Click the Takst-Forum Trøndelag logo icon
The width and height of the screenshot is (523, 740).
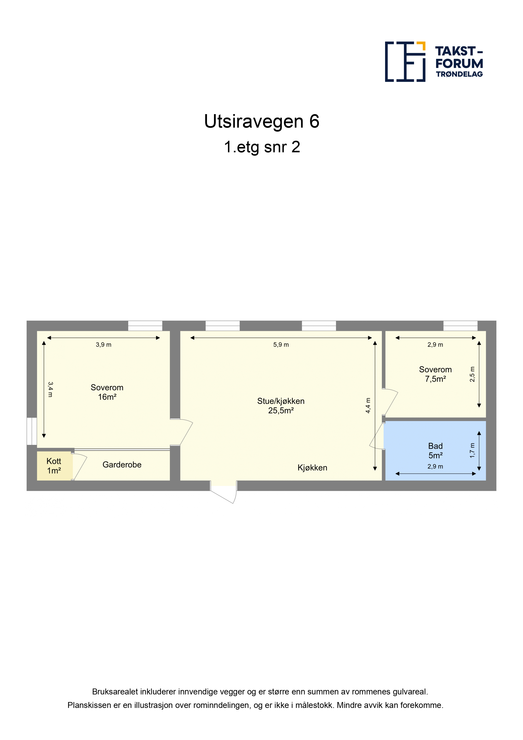pos(405,62)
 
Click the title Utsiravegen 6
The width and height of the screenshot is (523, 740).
pos(262,122)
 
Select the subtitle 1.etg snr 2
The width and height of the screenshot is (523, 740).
pos(262,147)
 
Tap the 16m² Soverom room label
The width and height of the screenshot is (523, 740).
pos(107,392)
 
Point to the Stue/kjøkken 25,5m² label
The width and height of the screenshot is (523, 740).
pos(281,406)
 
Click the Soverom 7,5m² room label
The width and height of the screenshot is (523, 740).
pos(435,374)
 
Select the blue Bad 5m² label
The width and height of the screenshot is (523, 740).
pos(435,451)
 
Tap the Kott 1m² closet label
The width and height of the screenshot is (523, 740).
pos(54,466)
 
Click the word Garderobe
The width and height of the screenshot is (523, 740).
pos(122,465)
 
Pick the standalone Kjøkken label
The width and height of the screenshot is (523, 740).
pos(312,468)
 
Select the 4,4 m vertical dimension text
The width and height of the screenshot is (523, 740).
pos(368,405)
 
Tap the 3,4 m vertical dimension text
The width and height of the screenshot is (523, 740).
pos(50,389)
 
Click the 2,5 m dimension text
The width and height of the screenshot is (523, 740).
pos(472,374)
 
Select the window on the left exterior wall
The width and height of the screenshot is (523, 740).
pos(32,431)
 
